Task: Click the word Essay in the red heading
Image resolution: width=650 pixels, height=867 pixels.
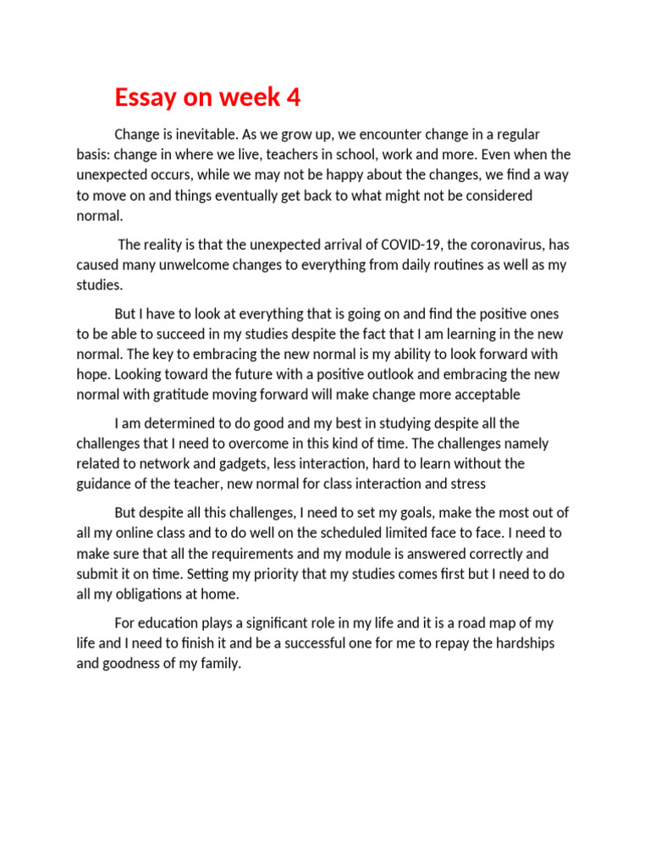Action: (146, 99)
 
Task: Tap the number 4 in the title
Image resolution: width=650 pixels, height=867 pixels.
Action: (294, 99)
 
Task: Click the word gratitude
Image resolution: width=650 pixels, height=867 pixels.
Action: (198, 395)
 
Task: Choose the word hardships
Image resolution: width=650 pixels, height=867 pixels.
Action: (524, 644)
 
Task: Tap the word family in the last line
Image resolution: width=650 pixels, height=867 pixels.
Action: (219, 665)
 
